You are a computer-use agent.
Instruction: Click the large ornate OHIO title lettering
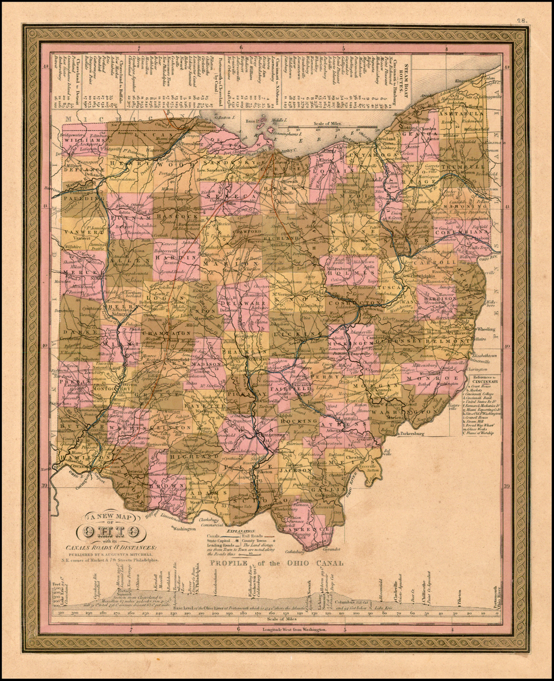point(111,532)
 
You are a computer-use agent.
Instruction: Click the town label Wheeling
point(486,329)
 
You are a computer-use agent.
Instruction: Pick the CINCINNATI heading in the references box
point(485,381)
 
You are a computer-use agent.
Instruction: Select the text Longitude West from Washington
point(294,630)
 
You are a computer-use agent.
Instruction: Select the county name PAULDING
point(77,199)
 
